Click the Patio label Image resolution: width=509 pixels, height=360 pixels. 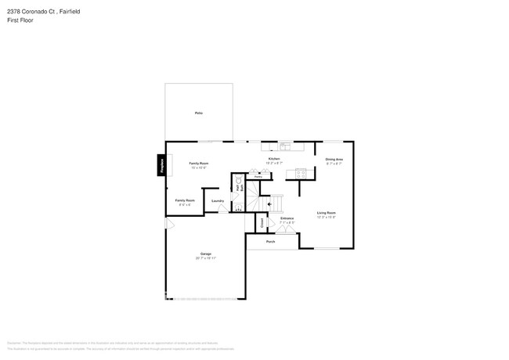click(198, 113)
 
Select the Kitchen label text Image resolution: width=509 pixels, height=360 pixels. click(274, 159)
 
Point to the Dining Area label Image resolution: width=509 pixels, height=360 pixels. click(334, 160)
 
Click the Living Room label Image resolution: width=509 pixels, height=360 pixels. click(326, 213)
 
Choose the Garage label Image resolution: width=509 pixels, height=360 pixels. click(205, 254)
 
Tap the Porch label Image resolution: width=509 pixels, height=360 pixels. click(270, 242)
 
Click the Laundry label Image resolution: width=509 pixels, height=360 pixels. click(218, 200)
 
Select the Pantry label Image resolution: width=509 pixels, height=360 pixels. click(257, 178)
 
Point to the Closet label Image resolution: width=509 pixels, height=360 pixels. click(262, 222)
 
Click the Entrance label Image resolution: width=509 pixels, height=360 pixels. click(287, 218)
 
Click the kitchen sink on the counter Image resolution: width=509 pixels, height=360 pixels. click(285, 146)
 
